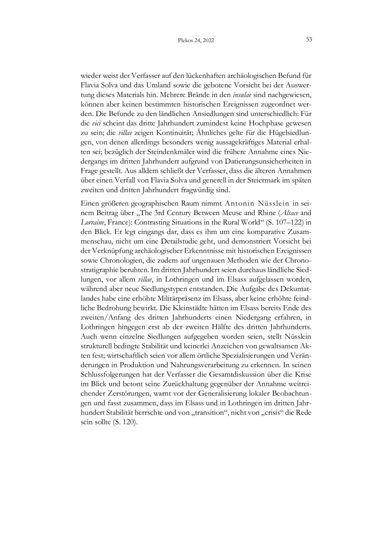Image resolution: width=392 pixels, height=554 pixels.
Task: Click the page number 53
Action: (310, 40)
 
